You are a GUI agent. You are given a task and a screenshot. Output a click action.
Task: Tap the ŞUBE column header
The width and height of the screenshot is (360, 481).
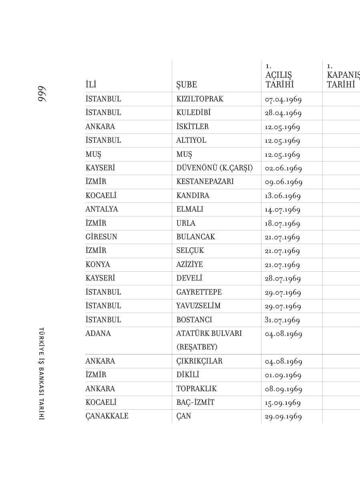click(187, 85)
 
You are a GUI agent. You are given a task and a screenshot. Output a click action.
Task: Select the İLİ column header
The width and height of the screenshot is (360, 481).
click(91, 85)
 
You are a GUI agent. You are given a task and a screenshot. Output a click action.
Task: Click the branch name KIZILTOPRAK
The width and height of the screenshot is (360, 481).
click(200, 99)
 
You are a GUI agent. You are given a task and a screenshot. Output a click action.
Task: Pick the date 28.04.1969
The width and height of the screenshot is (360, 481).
click(283, 113)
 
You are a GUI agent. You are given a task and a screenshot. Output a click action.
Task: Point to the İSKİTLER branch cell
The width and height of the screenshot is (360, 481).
click(192, 127)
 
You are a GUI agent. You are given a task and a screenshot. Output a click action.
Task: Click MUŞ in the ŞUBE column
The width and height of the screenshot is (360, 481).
click(184, 154)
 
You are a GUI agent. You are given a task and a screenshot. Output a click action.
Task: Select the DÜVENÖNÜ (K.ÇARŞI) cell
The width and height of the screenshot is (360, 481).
click(214, 168)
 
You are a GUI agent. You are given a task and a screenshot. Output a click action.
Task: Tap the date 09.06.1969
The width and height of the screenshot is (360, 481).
click(284, 182)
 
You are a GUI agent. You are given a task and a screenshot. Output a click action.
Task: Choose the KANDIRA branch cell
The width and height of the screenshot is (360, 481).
click(193, 196)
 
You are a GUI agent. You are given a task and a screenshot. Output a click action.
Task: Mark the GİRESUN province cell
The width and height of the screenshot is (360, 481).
click(101, 237)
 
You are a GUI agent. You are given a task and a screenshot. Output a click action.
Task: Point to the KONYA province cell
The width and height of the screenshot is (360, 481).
click(98, 265)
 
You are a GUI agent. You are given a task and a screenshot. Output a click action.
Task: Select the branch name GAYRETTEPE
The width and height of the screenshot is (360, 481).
click(199, 292)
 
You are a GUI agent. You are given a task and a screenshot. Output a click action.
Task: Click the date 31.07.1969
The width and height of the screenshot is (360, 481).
click(282, 320)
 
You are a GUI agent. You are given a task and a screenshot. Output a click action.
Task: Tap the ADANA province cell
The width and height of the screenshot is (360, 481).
click(98, 333)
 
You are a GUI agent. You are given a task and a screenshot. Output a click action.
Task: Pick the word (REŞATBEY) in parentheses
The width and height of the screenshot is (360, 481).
click(197, 347)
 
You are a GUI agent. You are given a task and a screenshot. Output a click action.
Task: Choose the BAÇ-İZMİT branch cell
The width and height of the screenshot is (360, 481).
click(195, 402)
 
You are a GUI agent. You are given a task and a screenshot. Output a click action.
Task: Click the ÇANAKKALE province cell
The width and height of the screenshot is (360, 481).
click(107, 416)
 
